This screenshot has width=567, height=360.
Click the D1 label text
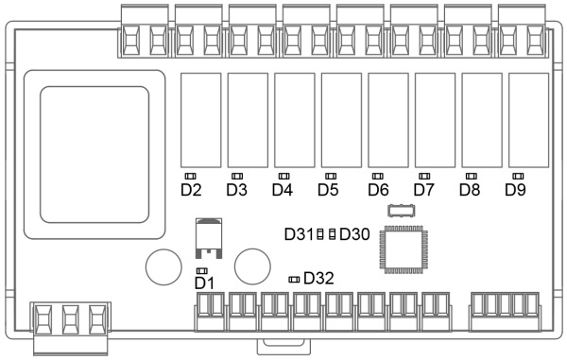(x=204, y=283)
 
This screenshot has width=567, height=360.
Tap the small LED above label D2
(x=190, y=176)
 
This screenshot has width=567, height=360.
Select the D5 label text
(x=328, y=190)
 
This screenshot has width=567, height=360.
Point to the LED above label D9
(x=518, y=176)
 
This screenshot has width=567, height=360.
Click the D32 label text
(x=318, y=279)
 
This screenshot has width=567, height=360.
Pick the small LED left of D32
(x=294, y=280)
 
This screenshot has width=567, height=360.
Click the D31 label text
(x=299, y=234)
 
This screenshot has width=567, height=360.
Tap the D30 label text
(x=354, y=234)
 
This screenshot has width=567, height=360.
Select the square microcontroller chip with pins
(x=404, y=249)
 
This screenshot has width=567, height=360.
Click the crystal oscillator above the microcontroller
(x=401, y=211)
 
